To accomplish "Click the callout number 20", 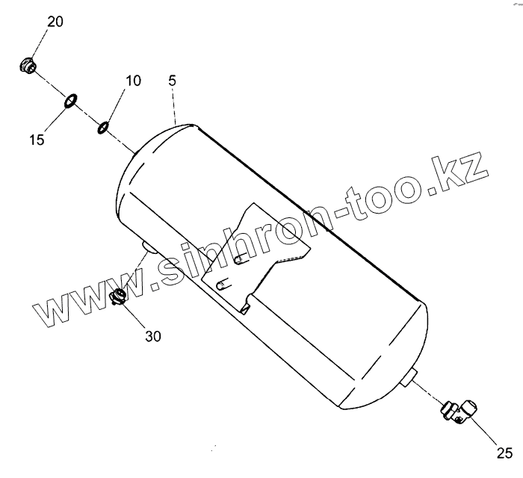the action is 55,21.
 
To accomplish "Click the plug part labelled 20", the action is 29,66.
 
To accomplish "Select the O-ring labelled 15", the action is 70,100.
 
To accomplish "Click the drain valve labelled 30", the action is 117,297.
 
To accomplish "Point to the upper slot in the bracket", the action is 241,258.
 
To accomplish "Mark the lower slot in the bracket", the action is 221,285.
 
